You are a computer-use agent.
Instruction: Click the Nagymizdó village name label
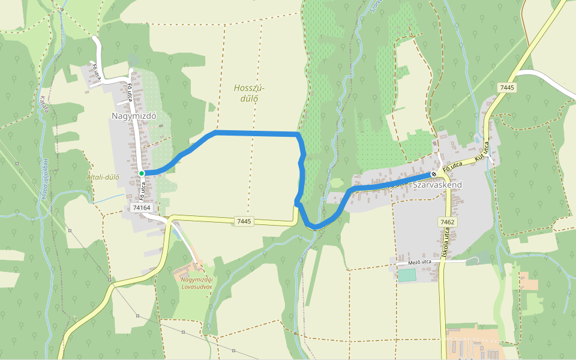(x=134, y=116)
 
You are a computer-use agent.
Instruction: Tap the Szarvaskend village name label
(x=437, y=185)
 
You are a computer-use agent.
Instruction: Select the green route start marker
(x=142, y=173)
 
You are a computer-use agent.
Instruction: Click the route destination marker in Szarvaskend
(x=434, y=174)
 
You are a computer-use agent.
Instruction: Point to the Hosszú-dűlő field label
(x=248, y=93)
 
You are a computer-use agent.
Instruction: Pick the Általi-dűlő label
(x=103, y=177)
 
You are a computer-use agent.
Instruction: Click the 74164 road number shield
(x=142, y=208)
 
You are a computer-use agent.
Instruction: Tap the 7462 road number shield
(x=447, y=222)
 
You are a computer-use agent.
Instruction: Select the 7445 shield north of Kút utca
(x=507, y=88)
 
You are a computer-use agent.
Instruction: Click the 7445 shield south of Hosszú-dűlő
(x=244, y=221)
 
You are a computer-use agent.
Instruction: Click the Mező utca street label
(x=419, y=262)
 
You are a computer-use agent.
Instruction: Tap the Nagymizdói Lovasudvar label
(x=197, y=283)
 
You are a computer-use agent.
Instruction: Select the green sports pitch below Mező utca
(x=406, y=275)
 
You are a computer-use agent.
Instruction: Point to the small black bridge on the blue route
(x=314, y=229)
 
